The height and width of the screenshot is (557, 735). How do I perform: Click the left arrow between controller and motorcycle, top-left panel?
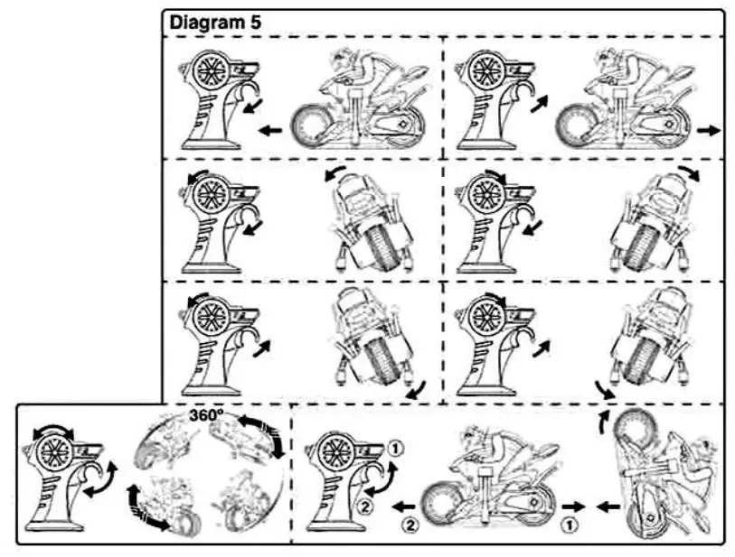[270, 130]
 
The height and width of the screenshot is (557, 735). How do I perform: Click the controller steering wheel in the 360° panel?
[53, 448]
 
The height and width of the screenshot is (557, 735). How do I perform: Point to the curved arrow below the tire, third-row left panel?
[416, 388]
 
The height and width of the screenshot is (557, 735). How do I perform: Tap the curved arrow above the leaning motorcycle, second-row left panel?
[335, 171]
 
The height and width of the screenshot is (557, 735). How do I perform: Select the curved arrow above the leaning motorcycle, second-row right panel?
[688, 171]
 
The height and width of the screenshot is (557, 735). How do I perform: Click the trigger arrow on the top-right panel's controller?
[540, 107]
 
